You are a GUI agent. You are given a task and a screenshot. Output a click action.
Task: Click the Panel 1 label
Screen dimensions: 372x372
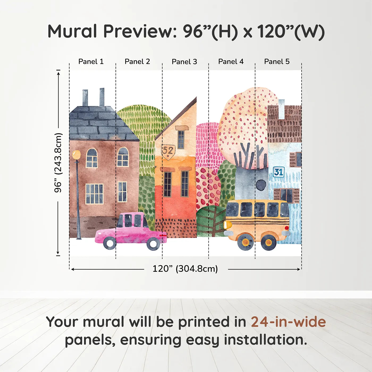point(91,62)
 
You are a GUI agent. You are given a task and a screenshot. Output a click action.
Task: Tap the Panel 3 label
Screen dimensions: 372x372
point(184,62)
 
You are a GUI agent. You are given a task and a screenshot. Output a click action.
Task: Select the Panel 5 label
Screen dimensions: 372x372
point(277,62)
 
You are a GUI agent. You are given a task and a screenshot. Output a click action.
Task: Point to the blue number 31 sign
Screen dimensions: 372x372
point(278,172)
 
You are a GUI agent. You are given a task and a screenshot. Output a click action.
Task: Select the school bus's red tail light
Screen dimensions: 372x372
point(286,228)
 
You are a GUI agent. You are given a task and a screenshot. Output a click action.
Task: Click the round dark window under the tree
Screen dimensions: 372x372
point(261,185)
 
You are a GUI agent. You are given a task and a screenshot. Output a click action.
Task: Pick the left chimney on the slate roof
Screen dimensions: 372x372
point(85,98)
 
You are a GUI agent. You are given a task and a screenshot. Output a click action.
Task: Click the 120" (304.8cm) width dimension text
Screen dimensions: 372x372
point(185,269)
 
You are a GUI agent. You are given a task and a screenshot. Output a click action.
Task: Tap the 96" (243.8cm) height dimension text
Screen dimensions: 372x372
point(58,163)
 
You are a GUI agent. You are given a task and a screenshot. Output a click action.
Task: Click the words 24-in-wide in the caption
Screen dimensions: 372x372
point(288,322)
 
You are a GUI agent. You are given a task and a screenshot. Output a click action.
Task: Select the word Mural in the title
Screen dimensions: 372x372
point(72,31)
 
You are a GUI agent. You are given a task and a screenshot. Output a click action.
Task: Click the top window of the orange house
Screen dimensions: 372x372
point(181,140)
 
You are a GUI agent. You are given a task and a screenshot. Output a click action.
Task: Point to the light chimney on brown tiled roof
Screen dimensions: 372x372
point(281,109)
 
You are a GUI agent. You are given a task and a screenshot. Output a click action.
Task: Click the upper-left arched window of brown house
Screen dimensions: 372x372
point(92,158)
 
